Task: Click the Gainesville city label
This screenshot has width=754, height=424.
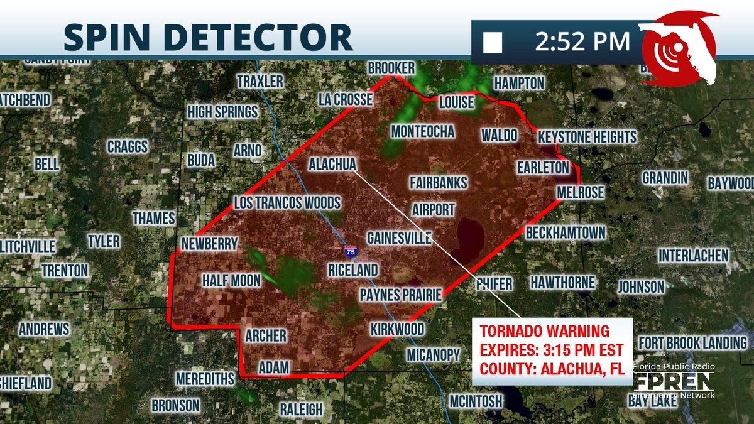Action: click(x=399, y=238)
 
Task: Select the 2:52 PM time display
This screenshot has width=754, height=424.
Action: click(x=582, y=42)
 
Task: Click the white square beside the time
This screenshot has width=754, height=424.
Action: click(x=493, y=43)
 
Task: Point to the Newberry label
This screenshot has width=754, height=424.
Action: click(x=209, y=244)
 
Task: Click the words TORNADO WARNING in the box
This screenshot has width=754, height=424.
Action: click(x=545, y=331)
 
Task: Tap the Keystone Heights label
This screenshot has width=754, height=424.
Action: click(x=587, y=137)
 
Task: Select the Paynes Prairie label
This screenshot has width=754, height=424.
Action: click(x=402, y=295)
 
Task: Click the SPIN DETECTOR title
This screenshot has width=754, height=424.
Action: click(x=208, y=38)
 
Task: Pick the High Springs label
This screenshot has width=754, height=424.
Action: click(x=223, y=112)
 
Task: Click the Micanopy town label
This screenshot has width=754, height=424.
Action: click(x=434, y=355)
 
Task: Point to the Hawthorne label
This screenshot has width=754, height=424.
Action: click(x=562, y=283)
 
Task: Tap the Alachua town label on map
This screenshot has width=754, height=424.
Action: click(x=332, y=165)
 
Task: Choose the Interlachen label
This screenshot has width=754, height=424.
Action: click(x=693, y=256)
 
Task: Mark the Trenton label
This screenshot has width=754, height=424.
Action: click(x=65, y=271)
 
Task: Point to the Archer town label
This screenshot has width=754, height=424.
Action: click(x=266, y=336)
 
